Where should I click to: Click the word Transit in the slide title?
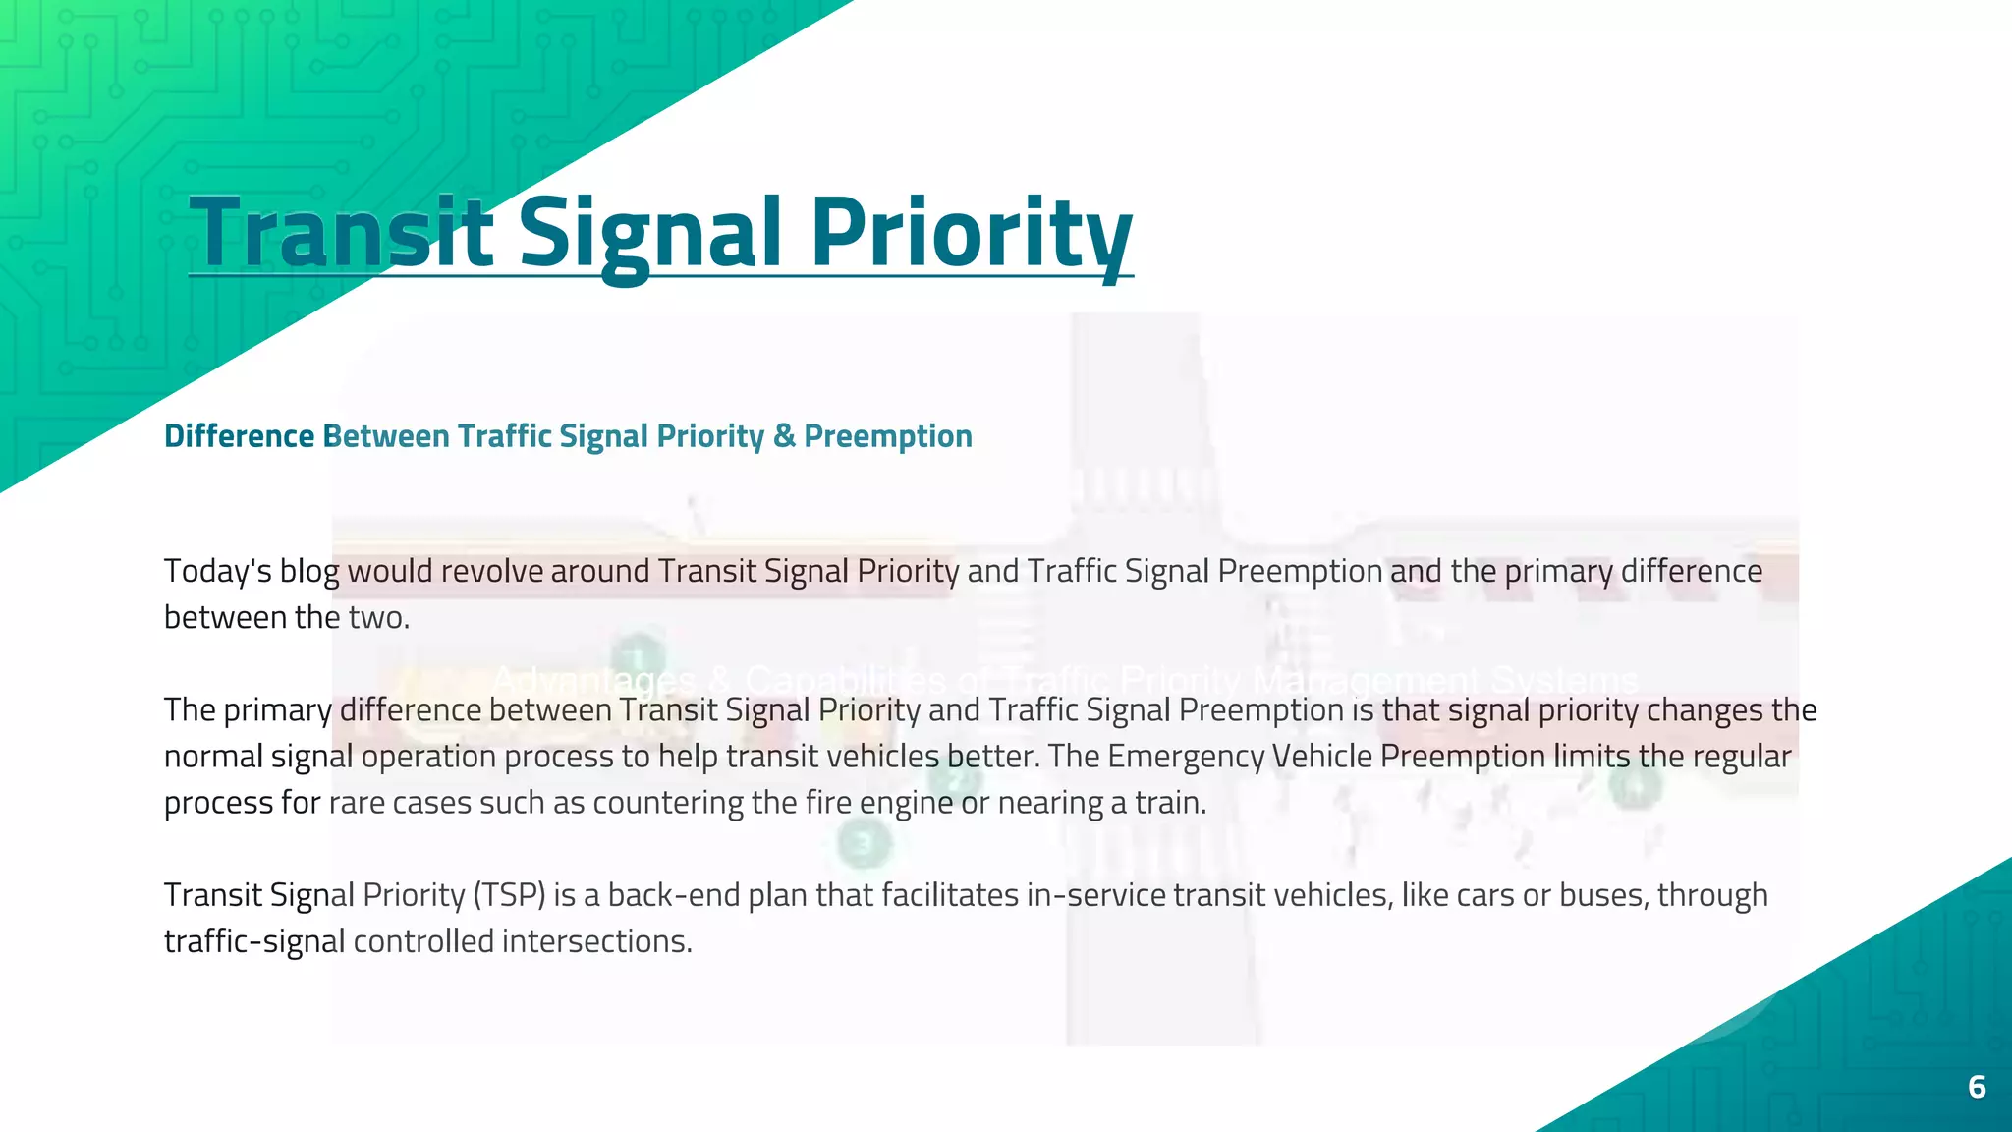click(x=339, y=233)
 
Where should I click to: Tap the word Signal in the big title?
click(x=649, y=233)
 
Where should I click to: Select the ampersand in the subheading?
click(x=784, y=436)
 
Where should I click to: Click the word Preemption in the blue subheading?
click(x=887, y=436)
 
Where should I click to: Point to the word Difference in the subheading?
click(x=239, y=436)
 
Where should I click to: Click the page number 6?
click(x=1977, y=1087)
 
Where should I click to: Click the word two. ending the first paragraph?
click(x=379, y=618)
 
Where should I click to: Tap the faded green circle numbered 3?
click(x=864, y=843)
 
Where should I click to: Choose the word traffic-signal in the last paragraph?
click(x=253, y=942)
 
